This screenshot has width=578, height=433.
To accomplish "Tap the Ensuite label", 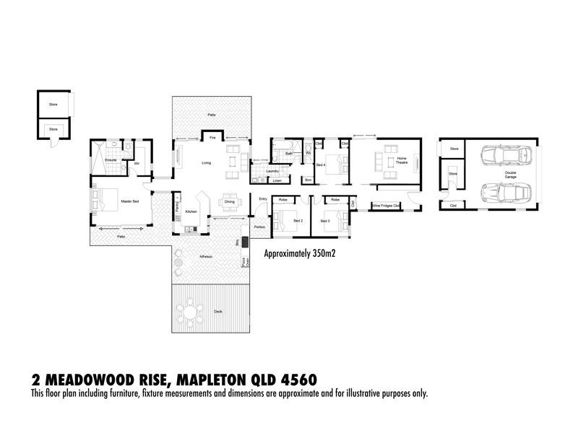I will point(111,159).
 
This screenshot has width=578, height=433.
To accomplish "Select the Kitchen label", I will point(191,211).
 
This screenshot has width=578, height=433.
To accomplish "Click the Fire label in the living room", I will point(212,137).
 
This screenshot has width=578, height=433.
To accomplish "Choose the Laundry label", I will point(272,171).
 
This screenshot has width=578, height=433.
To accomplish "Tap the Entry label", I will point(262,199).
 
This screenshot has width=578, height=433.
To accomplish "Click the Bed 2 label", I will point(297,221).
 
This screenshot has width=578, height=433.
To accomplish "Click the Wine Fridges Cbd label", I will point(386,206).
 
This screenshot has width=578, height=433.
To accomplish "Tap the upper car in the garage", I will point(498,156).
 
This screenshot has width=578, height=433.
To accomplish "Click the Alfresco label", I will point(206,256).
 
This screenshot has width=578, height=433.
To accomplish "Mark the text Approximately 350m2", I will point(302,254).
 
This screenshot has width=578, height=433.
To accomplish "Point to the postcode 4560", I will point(298,379).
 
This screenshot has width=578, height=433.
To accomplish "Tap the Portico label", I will point(259,227).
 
